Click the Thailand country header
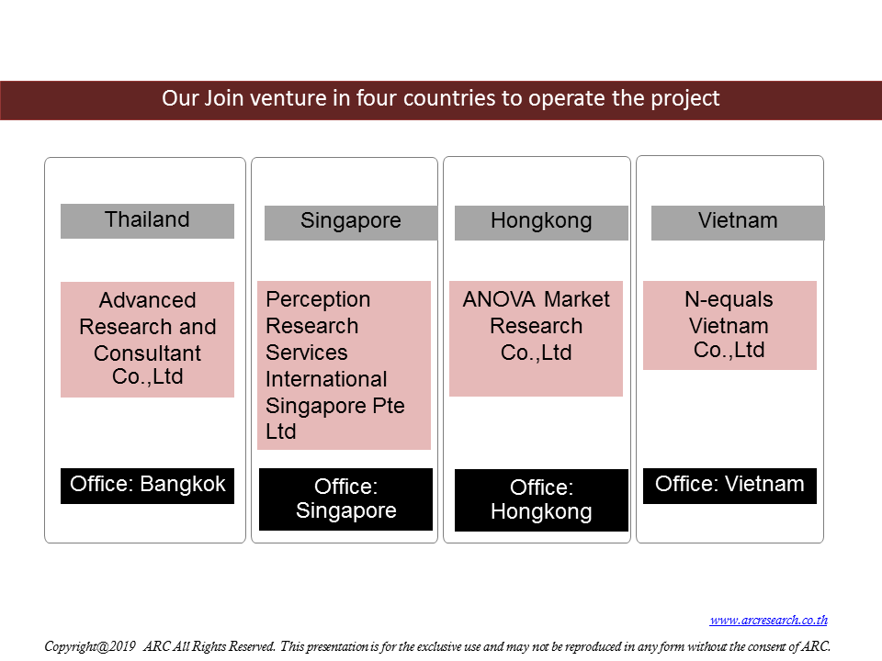147,221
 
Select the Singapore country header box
351,223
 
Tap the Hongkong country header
541,223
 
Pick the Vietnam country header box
738,223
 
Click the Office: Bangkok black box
147,486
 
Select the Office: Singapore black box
346,499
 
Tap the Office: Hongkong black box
541,500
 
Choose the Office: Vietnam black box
729,486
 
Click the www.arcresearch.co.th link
768,620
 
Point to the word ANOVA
499,299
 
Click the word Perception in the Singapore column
318,300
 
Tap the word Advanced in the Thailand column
147,301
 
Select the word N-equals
729,300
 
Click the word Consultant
147,353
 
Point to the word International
326,379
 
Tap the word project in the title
685,99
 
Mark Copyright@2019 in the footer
90,646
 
